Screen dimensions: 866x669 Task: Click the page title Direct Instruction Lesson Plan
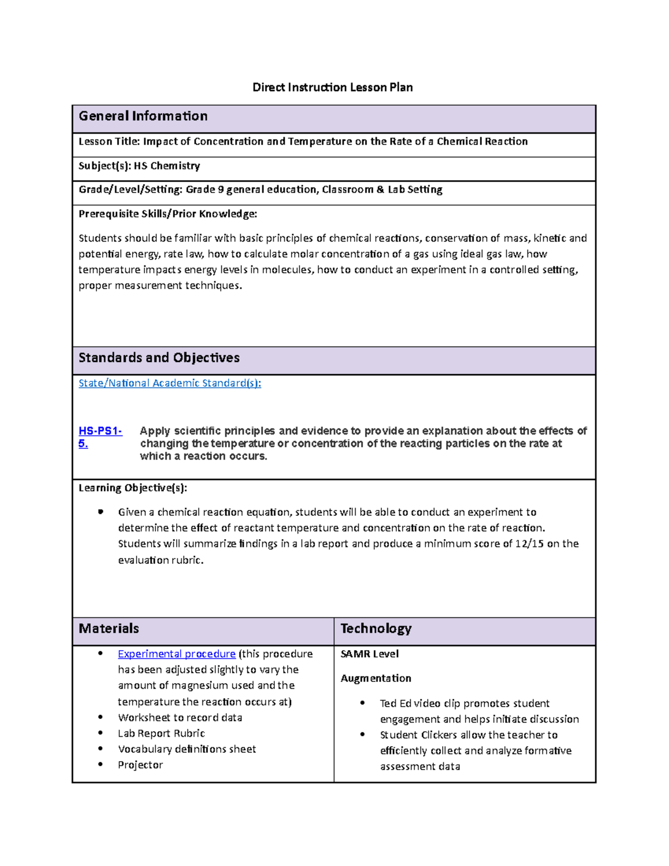click(x=332, y=87)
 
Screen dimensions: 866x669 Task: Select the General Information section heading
click(x=143, y=116)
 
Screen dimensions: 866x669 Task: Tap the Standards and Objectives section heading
click(x=159, y=357)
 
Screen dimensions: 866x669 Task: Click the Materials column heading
click(x=109, y=628)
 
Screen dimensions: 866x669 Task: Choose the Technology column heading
click(x=376, y=628)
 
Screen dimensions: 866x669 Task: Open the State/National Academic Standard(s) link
click(x=169, y=383)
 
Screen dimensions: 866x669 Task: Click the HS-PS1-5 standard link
click(x=100, y=431)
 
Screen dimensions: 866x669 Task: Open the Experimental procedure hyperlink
click(x=176, y=654)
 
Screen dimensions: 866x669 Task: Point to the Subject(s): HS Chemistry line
click(x=139, y=166)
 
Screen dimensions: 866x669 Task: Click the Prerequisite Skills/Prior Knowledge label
click(x=168, y=214)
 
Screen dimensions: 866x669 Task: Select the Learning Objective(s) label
click(x=133, y=488)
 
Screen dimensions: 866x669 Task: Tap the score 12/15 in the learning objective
click(x=529, y=544)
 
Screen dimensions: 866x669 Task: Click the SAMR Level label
click(x=370, y=654)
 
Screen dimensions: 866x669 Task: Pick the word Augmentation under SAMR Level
click(x=376, y=678)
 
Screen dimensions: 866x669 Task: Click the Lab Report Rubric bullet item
click(x=161, y=733)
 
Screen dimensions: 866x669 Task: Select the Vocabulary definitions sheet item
click(x=187, y=749)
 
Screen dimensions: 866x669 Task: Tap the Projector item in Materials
click(x=140, y=765)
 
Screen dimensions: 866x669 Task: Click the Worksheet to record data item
click(x=180, y=718)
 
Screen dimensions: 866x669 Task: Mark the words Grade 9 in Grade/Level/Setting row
click(x=205, y=190)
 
